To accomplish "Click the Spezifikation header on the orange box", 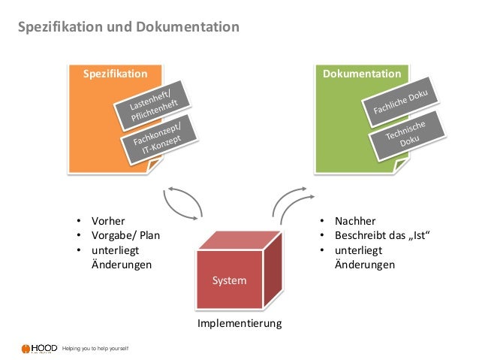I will click(114, 74).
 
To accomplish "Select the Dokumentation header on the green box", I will click(361, 74).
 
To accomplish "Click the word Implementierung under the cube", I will click(239, 324).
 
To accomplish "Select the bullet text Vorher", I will click(107, 222).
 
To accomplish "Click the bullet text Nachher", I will click(355, 222).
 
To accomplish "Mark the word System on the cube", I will click(229, 280).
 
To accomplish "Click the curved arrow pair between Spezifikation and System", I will click(182, 201).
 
